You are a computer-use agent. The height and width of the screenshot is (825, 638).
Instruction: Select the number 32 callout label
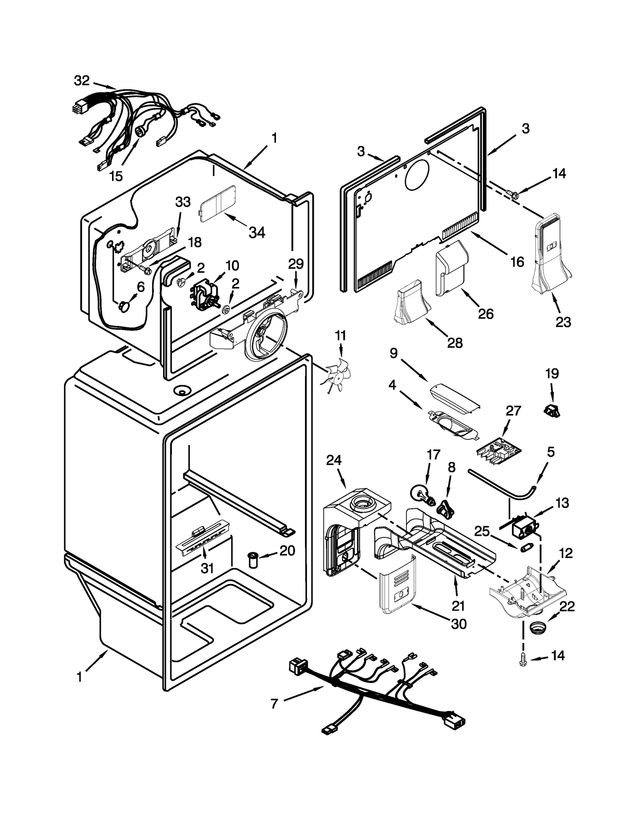(82, 81)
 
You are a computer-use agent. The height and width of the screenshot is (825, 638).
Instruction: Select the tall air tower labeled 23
(551, 255)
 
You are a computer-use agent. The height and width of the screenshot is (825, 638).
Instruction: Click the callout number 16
(517, 262)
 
